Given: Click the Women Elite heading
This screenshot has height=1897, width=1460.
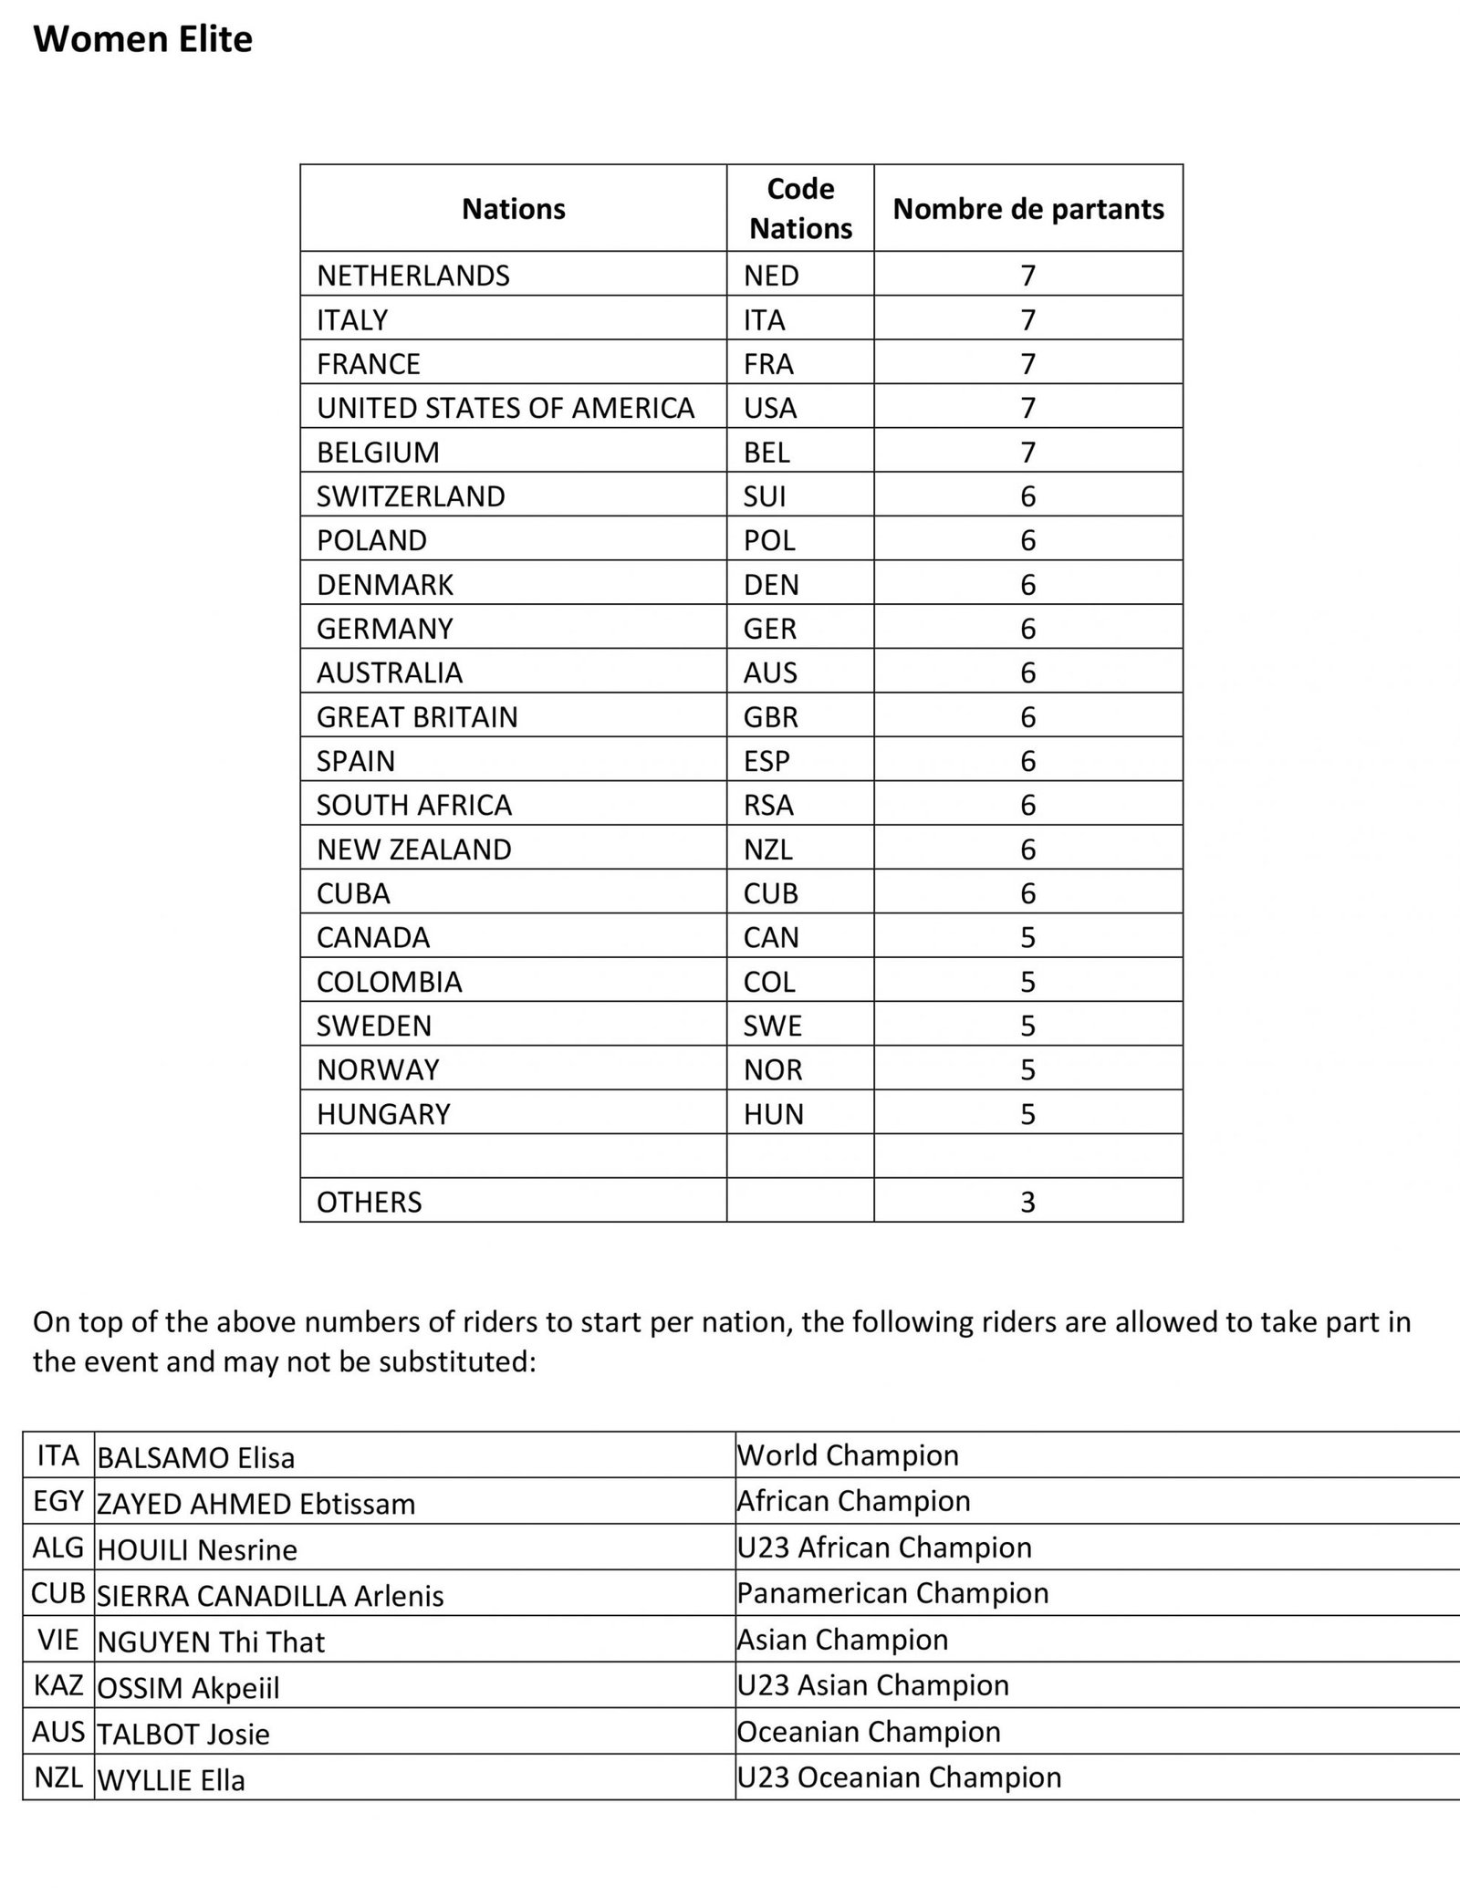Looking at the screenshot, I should pos(142,40).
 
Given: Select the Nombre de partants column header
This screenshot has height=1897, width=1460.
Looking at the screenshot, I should pos(1027,209).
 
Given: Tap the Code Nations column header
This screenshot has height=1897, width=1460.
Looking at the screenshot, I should pos(800,208).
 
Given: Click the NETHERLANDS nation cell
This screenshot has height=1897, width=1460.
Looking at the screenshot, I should pos(413,276).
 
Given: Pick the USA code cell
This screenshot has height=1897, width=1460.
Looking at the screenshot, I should pos(770,408).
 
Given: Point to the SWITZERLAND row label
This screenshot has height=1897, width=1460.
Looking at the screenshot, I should pos(411,496).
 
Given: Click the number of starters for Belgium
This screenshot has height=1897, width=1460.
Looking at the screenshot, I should pos(1027,453).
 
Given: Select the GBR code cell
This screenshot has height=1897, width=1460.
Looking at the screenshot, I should pos(771,717).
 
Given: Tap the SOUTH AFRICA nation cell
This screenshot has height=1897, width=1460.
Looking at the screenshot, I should pos(414,805).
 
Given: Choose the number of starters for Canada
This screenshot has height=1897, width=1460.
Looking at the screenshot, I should pos(1027,938).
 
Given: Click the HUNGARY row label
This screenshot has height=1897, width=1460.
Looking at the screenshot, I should pos(383,1114).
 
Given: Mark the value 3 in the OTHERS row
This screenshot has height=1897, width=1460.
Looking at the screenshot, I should pos(1027,1203).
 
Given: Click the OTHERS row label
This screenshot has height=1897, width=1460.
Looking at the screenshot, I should pos(370,1203).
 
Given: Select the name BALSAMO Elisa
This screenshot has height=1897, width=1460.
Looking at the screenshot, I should pos(196,1458).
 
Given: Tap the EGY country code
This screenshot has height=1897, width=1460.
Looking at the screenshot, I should pos(58,1502).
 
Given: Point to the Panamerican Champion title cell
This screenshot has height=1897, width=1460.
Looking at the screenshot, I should pos(892,1593).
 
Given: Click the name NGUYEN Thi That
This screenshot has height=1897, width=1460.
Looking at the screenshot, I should pos(211,1642).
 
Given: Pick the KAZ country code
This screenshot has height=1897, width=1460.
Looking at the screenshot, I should pos(58,1685).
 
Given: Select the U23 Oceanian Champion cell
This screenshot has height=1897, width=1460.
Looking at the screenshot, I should pos(899,1777).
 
